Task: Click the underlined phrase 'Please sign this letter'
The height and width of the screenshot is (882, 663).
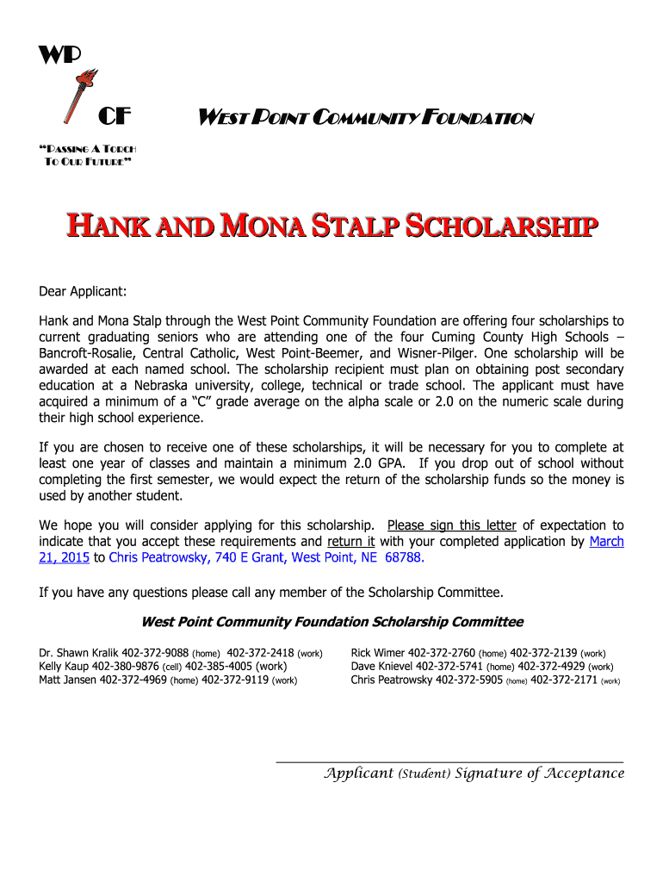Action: coord(452,525)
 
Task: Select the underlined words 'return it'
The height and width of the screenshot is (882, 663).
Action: coord(351,542)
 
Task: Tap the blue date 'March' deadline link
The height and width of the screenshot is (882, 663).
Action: coord(606,542)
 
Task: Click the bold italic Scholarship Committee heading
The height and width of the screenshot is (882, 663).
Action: coord(331,622)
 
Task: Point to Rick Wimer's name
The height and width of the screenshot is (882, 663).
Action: coord(377,653)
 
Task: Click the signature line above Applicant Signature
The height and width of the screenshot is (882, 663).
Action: coord(449,761)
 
